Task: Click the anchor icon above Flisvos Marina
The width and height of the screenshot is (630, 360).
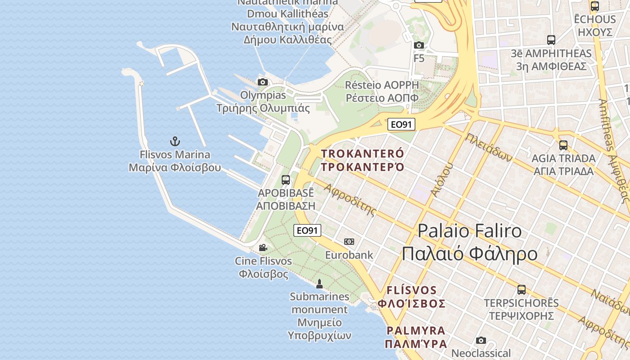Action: (175, 141)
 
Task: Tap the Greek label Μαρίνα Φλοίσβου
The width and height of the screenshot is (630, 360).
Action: (175, 168)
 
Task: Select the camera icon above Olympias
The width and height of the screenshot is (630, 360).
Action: (263, 82)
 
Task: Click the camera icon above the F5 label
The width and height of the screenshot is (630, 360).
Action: (419, 45)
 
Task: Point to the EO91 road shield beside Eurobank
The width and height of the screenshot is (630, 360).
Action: (307, 230)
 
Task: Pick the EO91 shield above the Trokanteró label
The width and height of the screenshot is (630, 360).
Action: (401, 124)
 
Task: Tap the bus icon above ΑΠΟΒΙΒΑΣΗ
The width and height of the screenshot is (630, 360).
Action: (286, 180)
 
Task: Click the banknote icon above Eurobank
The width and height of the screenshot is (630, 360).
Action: (349, 242)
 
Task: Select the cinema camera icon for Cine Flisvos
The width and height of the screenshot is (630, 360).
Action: (263, 247)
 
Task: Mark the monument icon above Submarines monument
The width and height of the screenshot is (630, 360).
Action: (319, 283)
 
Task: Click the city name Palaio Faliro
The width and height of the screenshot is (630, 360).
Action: (470, 231)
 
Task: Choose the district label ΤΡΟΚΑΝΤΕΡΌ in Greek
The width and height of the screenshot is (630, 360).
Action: (363, 167)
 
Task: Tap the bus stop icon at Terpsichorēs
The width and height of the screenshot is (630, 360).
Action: (522, 290)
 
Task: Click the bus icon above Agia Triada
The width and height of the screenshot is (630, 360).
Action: (563, 145)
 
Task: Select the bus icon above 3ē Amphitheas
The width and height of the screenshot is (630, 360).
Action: (551, 40)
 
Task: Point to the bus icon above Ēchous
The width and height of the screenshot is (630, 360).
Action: (595, 6)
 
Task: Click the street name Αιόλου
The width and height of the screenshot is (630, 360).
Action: (441, 180)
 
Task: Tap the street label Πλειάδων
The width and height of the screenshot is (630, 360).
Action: (489, 147)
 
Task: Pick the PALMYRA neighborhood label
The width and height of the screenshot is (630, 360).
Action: (416, 331)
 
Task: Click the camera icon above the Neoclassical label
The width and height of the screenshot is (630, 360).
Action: (481, 340)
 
